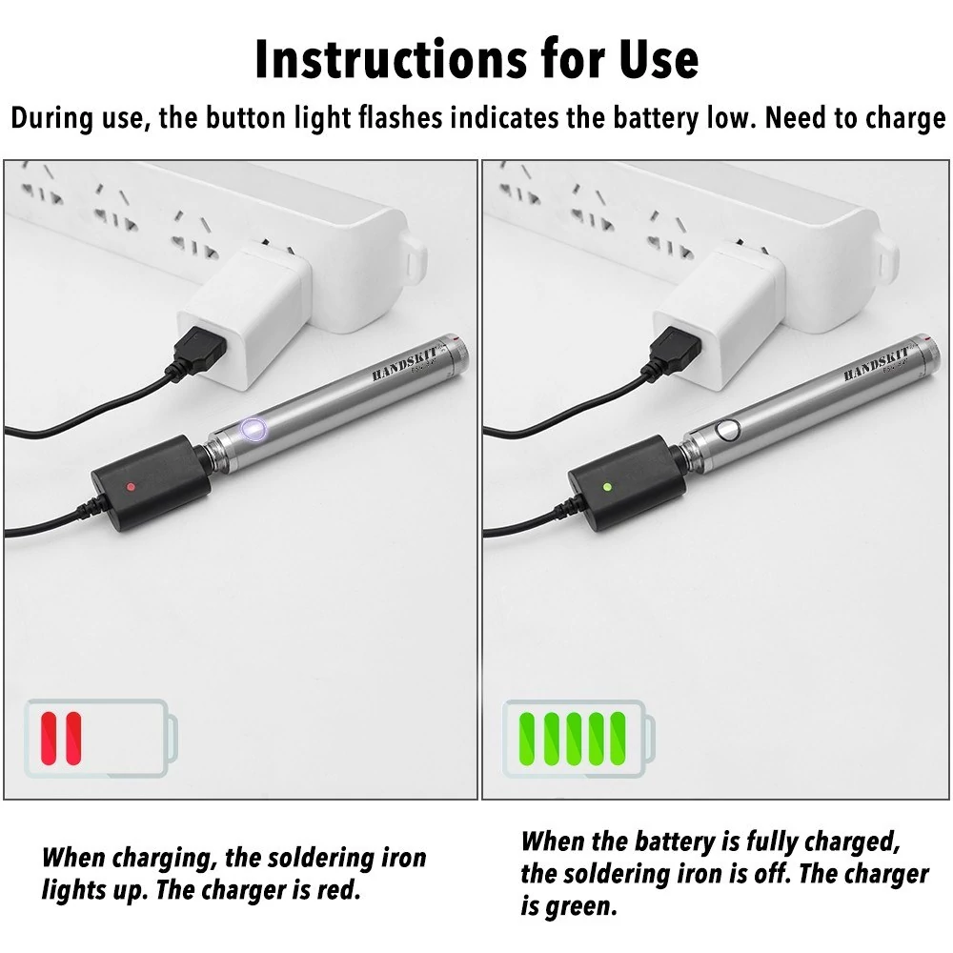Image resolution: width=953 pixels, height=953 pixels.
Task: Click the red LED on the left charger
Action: tap(131, 487)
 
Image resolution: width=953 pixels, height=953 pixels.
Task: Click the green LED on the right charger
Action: tap(606, 487)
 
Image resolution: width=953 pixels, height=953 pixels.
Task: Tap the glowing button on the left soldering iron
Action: tap(253, 429)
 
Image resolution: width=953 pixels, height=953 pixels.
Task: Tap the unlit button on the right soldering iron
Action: tap(727, 430)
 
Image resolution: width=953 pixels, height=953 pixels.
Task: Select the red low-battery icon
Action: tap(102, 738)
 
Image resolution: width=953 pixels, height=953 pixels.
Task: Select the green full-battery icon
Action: tap(579, 738)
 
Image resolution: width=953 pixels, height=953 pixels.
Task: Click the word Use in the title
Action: tap(659, 59)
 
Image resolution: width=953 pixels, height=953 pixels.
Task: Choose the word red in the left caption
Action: tap(337, 890)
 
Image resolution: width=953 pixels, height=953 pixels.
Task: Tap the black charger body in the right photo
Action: tap(627, 483)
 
